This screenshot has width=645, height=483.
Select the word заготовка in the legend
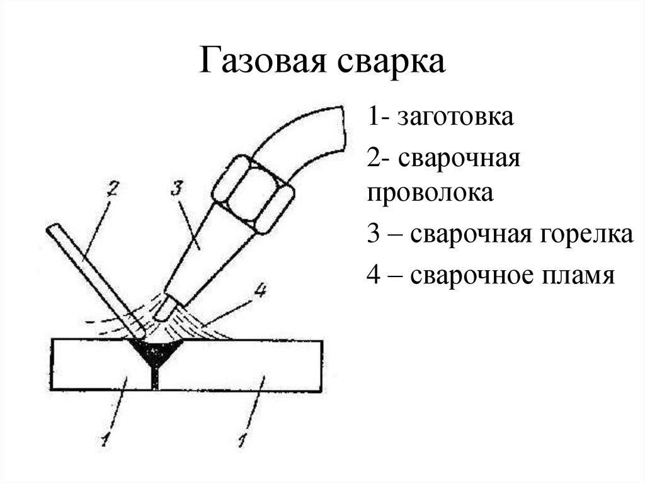455,117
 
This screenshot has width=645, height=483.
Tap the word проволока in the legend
430,192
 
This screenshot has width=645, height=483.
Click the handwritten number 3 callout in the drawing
177,188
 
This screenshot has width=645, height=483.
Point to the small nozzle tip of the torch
166,309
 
